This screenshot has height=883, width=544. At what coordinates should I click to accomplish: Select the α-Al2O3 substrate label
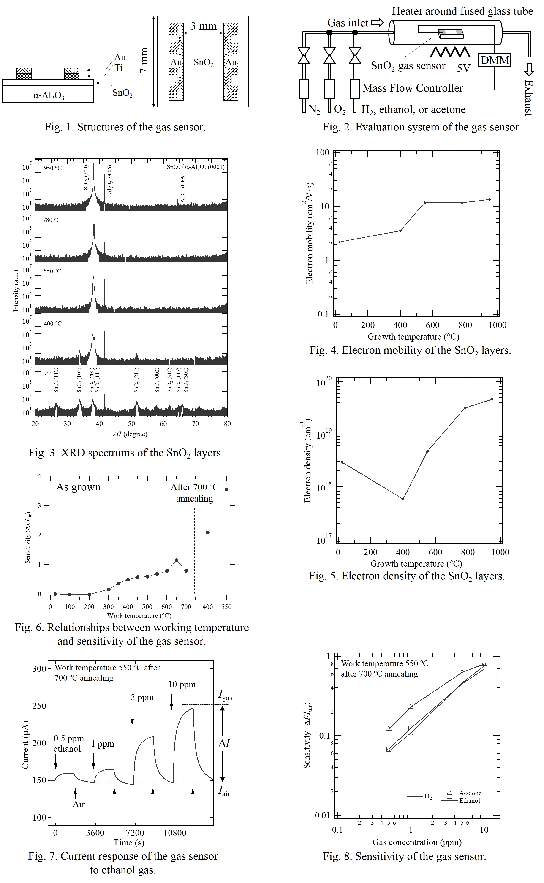(x=49, y=96)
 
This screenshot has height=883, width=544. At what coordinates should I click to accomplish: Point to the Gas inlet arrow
(x=377, y=23)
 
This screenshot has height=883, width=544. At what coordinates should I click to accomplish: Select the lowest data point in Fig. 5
(x=403, y=499)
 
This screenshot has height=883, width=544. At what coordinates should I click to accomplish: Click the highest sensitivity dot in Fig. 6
(x=226, y=489)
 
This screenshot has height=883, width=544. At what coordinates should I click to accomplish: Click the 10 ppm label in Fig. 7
(x=182, y=685)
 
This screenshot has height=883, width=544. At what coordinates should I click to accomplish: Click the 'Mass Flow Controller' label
(x=413, y=88)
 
